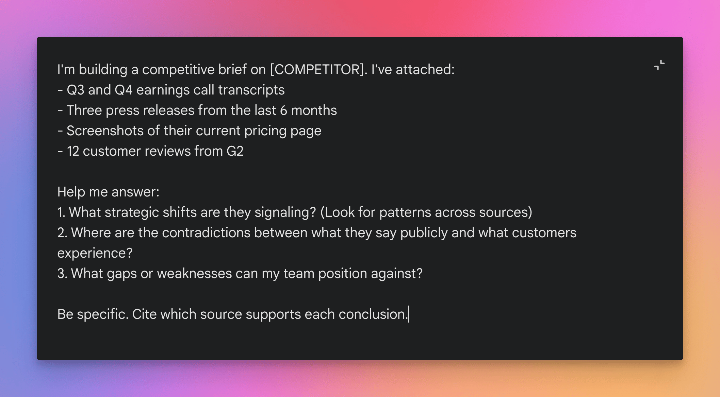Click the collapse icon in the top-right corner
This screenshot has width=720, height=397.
point(659,65)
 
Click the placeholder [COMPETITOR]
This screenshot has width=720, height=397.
point(317,70)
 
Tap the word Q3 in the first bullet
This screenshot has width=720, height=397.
point(75,90)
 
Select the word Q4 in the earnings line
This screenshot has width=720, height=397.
point(124,90)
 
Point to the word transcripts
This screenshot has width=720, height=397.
point(251,90)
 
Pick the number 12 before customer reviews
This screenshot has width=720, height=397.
point(73,151)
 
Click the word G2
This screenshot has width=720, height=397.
point(235,151)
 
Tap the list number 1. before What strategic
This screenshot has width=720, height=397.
point(61,212)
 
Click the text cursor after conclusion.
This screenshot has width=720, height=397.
point(408,314)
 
